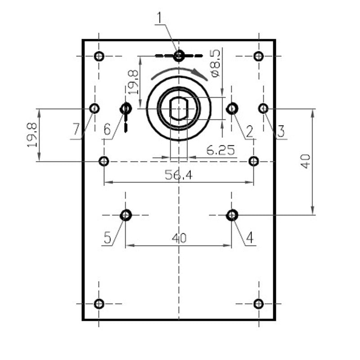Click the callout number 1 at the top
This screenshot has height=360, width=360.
pyautogui.click(x=159, y=18)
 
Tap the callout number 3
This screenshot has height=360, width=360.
pyautogui.click(x=281, y=131)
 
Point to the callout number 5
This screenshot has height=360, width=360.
pyautogui.click(x=108, y=237)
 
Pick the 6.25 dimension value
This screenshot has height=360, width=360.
pyautogui.click(x=220, y=150)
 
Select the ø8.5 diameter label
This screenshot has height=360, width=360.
pyautogui.click(x=215, y=63)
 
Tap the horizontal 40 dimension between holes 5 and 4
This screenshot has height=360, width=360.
pyautogui.click(x=179, y=238)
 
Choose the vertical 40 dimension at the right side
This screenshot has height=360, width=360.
pyautogui.click(x=306, y=161)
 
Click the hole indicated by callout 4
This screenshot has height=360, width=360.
pyautogui.click(x=232, y=215)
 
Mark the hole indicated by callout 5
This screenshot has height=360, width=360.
pyautogui.click(x=126, y=215)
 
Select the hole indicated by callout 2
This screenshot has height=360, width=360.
pyautogui.click(x=232, y=108)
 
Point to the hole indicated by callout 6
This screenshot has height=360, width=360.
pyautogui.click(x=126, y=108)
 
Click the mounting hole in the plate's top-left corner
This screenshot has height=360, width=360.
pyautogui.click(x=99, y=56)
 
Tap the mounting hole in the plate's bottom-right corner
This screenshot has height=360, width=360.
pyautogui.click(x=258, y=304)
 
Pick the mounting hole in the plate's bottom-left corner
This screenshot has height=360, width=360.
pyautogui.click(x=99, y=304)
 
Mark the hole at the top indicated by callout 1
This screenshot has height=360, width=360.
pyautogui.click(x=179, y=56)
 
